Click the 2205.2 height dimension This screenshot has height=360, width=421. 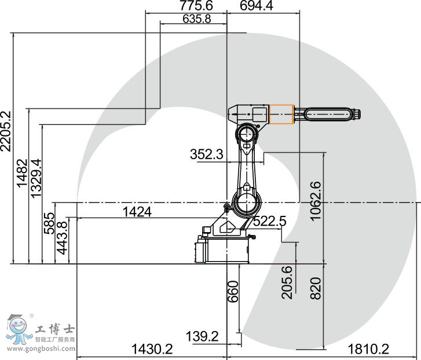(6, 131)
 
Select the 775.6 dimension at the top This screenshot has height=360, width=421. (196, 5)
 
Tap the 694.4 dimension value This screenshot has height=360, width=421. (256, 5)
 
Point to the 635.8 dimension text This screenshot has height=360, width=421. (196, 19)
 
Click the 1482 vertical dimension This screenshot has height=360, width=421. (22, 173)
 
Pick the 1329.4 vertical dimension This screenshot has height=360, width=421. (36, 178)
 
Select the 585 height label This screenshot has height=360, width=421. (49, 223)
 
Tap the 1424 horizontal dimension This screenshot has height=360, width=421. (137, 212)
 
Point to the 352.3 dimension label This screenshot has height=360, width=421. (207, 155)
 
